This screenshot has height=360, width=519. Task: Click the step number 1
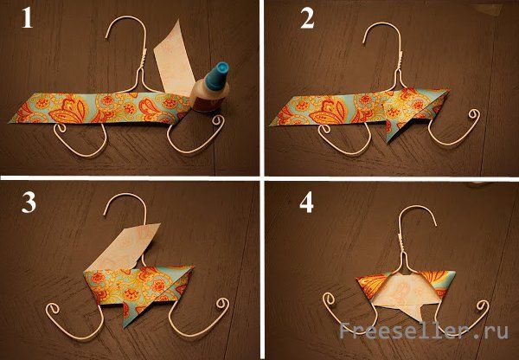[x=27, y=18]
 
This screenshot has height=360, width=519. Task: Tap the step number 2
[x=307, y=18]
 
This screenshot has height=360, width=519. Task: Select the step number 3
[x=29, y=202]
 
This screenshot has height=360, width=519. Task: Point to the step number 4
[x=306, y=202]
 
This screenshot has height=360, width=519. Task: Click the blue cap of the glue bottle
[x=217, y=76]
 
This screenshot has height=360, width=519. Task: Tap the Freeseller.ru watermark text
[x=424, y=331]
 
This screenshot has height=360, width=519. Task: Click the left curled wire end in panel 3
[x=54, y=310]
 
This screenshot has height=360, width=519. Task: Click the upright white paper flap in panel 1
[x=174, y=61]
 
